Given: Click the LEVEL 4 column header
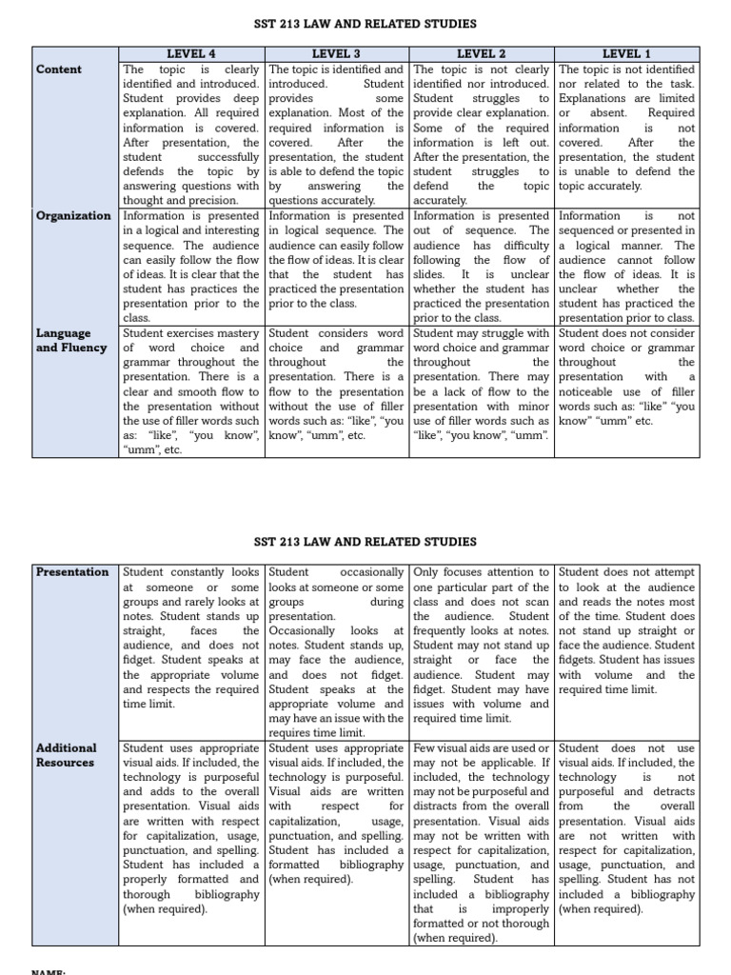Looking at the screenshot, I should tap(192, 54).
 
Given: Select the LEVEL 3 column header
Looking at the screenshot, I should tap(337, 54).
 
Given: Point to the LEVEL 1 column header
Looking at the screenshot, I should tap(627, 54).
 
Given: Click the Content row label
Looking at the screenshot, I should tap(59, 70).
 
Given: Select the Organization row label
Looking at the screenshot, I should tap(74, 216).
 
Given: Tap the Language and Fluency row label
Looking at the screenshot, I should tap(65, 341).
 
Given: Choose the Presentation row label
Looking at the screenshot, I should tap(72, 572).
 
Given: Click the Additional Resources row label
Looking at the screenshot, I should tap(67, 755).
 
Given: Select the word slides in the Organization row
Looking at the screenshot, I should tap(429, 274).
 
